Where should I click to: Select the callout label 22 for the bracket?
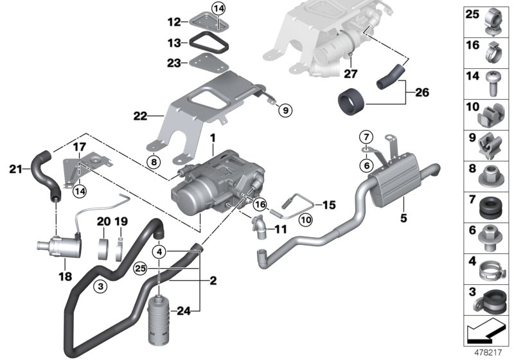pos(140,116)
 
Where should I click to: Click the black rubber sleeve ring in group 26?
pos(351,100)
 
